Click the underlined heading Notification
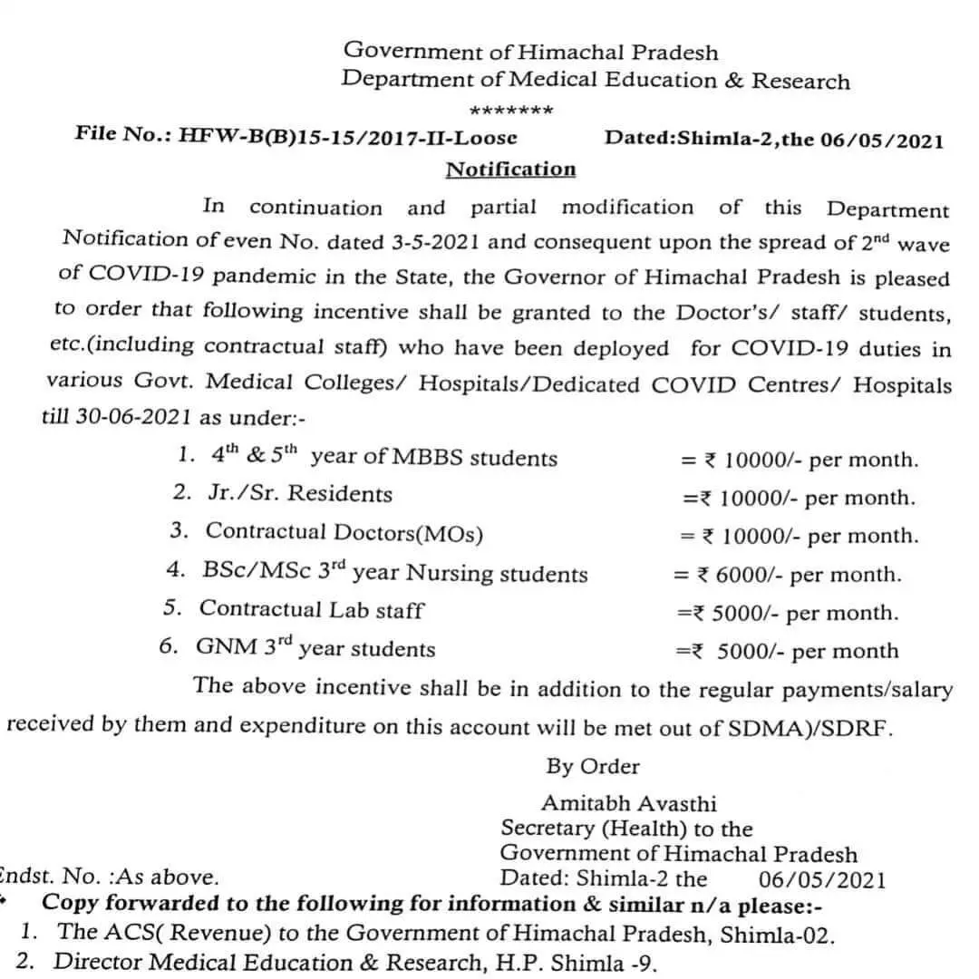(510, 170)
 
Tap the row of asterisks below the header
(511, 111)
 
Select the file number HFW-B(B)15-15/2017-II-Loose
(349, 137)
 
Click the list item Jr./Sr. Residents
(298, 495)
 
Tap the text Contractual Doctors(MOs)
(344, 532)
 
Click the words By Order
(592, 767)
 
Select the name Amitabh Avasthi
(628, 803)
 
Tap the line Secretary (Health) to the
(626, 829)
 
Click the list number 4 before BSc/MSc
(174, 570)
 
